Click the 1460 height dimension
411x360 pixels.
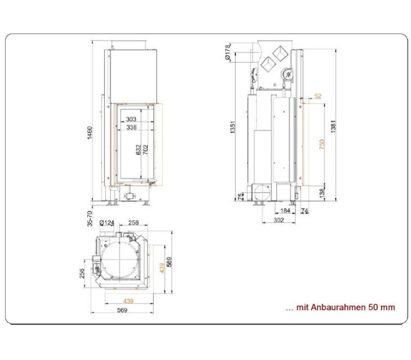pyautogui.click(x=90, y=133)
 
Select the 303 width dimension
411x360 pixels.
pyautogui.click(x=131, y=119)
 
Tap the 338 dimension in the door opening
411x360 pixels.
pyautogui.click(x=132, y=127)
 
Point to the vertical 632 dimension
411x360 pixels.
pyautogui.click(x=139, y=150)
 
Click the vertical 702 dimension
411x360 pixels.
pyautogui.click(x=145, y=150)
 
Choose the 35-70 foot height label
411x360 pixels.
pyautogui.click(x=90, y=219)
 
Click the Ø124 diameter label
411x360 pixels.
pyautogui.click(x=107, y=223)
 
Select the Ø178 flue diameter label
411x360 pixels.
pyautogui.click(x=227, y=52)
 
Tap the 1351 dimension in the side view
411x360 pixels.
pyautogui.click(x=233, y=127)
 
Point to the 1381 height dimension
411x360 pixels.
pyautogui.click(x=333, y=127)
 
